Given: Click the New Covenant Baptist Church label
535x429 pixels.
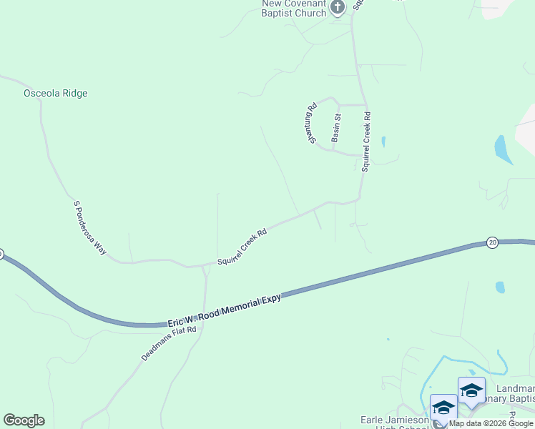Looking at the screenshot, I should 293,9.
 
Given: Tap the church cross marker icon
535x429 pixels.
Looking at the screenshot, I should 338,6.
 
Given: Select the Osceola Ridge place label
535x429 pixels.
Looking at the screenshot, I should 56,94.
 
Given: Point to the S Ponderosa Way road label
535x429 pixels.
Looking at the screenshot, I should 90,228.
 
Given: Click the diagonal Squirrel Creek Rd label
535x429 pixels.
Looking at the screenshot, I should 243,245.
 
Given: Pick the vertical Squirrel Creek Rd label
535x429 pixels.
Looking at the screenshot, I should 365,142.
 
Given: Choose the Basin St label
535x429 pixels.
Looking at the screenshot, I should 336,126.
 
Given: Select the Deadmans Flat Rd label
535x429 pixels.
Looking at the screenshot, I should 169,344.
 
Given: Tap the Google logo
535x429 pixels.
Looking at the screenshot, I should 24,420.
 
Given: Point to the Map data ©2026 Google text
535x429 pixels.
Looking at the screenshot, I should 491,423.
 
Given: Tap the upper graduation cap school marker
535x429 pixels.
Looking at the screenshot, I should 471,390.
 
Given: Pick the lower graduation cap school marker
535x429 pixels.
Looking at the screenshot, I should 443,407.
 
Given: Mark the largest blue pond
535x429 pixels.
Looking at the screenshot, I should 504,149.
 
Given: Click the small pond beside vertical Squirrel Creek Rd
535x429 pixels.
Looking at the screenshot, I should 383,142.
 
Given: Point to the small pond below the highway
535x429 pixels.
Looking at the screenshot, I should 500,287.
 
